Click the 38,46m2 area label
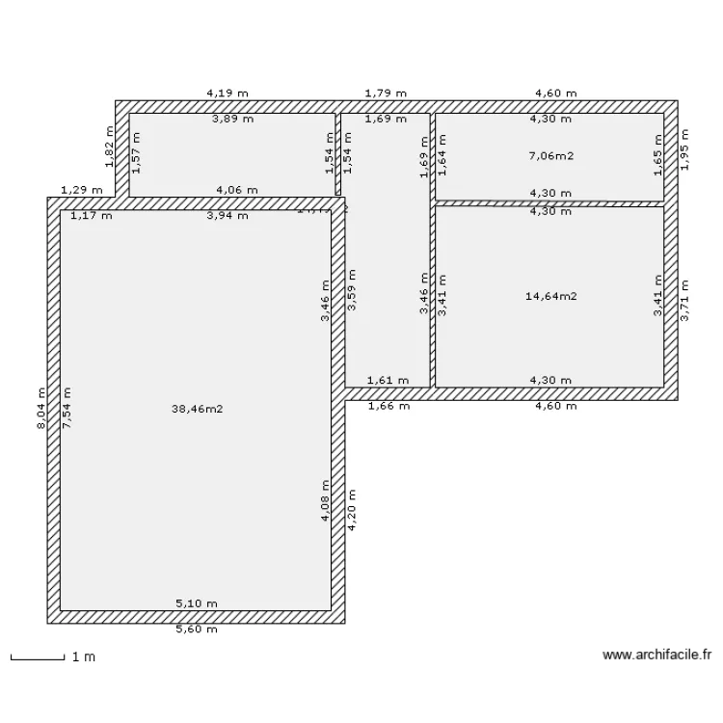point(197,409)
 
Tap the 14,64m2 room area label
point(550,296)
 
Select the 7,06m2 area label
point(550,154)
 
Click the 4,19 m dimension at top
point(227,94)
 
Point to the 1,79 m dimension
point(385,94)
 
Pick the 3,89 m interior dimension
point(232,120)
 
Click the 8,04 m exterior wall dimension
point(41,408)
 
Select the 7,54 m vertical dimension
point(67,408)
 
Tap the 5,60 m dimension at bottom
point(196,629)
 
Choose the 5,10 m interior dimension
point(196,603)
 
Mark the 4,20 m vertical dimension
point(353,513)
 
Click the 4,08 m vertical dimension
point(326,502)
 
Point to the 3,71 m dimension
point(684,298)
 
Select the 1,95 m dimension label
point(684,150)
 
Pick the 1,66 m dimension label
point(388,406)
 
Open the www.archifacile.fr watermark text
point(656,656)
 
